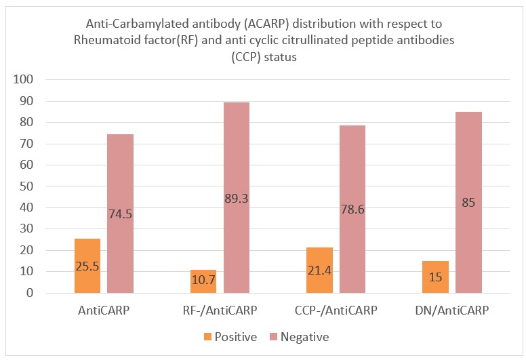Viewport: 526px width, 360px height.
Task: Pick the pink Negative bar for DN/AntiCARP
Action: [x=468, y=203]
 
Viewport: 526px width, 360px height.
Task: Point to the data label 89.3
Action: [x=237, y=198]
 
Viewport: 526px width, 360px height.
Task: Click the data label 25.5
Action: [x=87, y=266]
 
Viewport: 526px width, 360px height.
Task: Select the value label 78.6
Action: [x=352, y=209]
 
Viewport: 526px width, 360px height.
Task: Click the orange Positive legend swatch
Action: [x=207, y=337]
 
